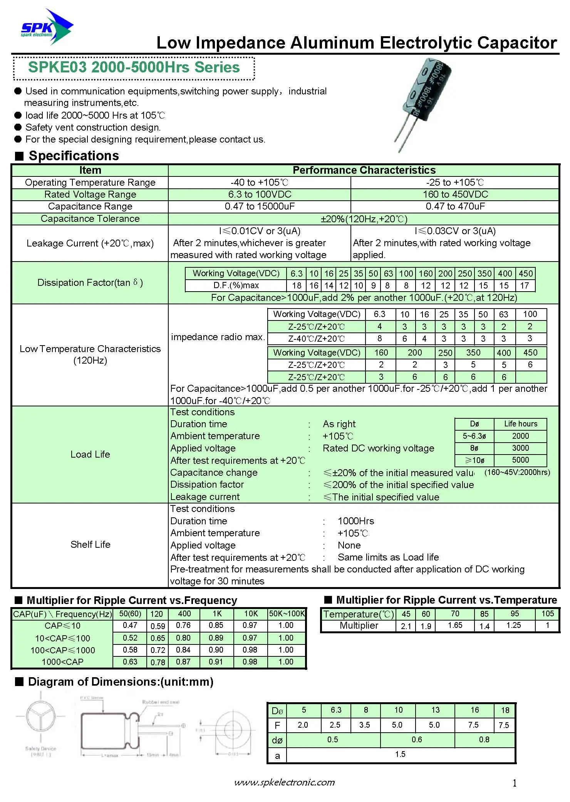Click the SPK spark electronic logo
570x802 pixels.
(x=46, y=28)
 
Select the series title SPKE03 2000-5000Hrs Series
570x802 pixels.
(x=134, y=67)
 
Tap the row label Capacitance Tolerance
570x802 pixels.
(x=90, y=219)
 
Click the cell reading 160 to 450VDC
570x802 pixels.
(x=455, y=195)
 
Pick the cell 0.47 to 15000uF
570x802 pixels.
(x=260, y=206)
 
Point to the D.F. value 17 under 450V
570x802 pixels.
(x=525, y=285)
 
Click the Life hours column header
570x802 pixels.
(x=520, y=424)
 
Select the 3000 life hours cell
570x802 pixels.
(x=520, y=448)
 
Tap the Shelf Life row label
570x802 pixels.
(x=90, y=544)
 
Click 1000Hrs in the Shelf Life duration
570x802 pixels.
(x=355, y=521)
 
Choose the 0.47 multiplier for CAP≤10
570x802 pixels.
(x=130, y=626)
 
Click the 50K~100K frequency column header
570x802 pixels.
(x=287, y=614)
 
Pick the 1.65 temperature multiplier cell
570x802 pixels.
(x=455, y=625)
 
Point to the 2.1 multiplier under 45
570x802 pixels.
(x=406, y=626)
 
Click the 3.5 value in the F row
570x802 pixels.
(x=364, y=725)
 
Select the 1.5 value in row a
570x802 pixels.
(x=400, y=754)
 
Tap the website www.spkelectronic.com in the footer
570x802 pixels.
(x=284, y=782)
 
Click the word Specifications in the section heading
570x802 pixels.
(x=74, y=156)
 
